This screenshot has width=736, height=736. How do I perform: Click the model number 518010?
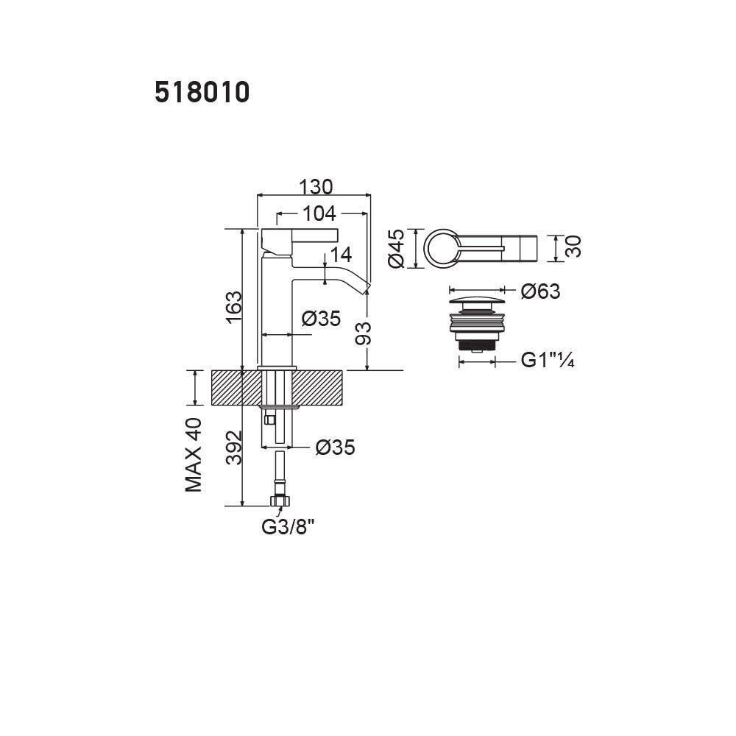coord(202,92)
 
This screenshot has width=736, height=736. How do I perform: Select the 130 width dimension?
coord(316,187)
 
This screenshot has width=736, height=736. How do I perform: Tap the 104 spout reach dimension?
coord(319,213)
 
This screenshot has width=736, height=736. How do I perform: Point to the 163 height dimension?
coord(234,307)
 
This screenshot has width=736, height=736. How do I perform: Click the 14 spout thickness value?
coord(342,255)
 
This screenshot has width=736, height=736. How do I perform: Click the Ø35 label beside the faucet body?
coord(321,319)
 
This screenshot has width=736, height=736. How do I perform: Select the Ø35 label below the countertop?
coord(335,447)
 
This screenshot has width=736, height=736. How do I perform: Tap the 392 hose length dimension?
coord(234,447)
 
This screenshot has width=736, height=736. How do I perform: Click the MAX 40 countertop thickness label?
coord(194,454)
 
